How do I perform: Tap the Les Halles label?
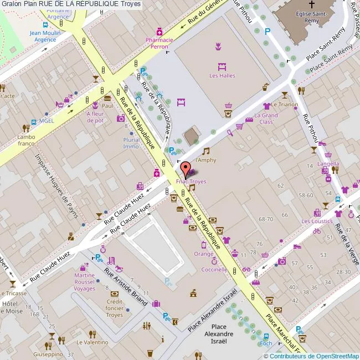(222, 76)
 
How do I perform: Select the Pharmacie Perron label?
(159, 43)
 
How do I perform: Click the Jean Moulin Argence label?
(45, 36)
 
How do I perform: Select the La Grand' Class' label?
(266, 119)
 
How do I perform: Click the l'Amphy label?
(205, 160)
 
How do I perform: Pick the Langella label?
(328, 164)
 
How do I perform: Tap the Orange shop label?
(203, 254)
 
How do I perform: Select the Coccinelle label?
(214, 270)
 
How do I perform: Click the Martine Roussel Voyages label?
(85, 282)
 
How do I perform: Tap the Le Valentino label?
(92, 342)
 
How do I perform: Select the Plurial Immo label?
(131, 143)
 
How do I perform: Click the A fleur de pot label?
(95, 116)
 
